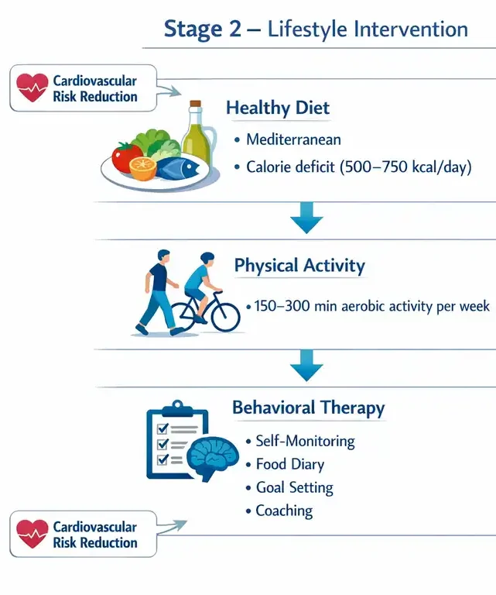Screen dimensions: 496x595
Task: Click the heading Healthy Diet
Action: (278, 108)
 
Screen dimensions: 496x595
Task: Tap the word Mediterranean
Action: (294, 139)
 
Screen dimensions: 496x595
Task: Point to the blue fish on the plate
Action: (178, 167)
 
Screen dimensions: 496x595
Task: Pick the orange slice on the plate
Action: (143, 169)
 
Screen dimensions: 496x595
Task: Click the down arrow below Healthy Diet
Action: (306, 218)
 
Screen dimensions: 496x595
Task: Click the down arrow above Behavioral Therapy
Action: (306, 365)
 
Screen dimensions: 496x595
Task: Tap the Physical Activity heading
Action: (299, 265)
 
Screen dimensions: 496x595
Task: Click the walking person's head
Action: (163, 255)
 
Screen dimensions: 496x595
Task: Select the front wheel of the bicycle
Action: (225, 317)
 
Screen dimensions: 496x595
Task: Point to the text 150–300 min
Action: (287, 306)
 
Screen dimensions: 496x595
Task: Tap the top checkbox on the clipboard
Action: (163, 428)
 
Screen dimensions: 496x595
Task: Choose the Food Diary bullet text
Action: (290, 465)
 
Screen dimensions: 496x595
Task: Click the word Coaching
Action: (284, 511)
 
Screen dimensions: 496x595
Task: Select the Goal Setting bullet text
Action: (294, 487)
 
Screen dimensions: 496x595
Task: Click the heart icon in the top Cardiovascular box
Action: (32, 88)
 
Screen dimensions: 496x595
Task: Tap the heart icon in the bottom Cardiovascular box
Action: (32, 534)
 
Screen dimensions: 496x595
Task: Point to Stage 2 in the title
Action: (203, 29)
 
